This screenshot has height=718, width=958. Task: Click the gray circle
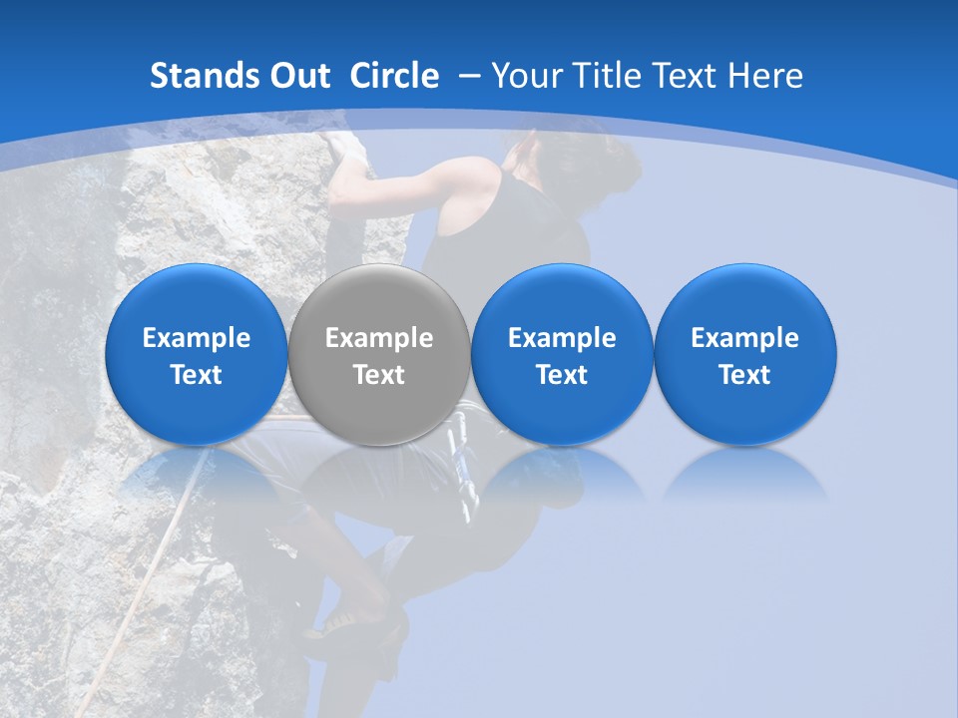pos(378,355)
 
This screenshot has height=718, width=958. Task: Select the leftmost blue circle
pos(196,355)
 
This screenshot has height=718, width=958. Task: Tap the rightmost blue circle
pos(744,355)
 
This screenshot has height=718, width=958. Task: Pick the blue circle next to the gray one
pos(562,355)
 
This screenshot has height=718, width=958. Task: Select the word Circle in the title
pos(394,76)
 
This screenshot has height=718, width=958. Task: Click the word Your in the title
pos(528,76)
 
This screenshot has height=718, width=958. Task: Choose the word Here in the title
pos(764,76)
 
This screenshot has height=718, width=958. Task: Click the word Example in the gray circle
pos(379,338)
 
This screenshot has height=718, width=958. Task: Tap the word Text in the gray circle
pos(379,375)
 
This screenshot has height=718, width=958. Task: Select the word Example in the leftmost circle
pos(197,338)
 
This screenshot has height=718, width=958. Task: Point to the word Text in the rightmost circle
pos(744,375)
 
